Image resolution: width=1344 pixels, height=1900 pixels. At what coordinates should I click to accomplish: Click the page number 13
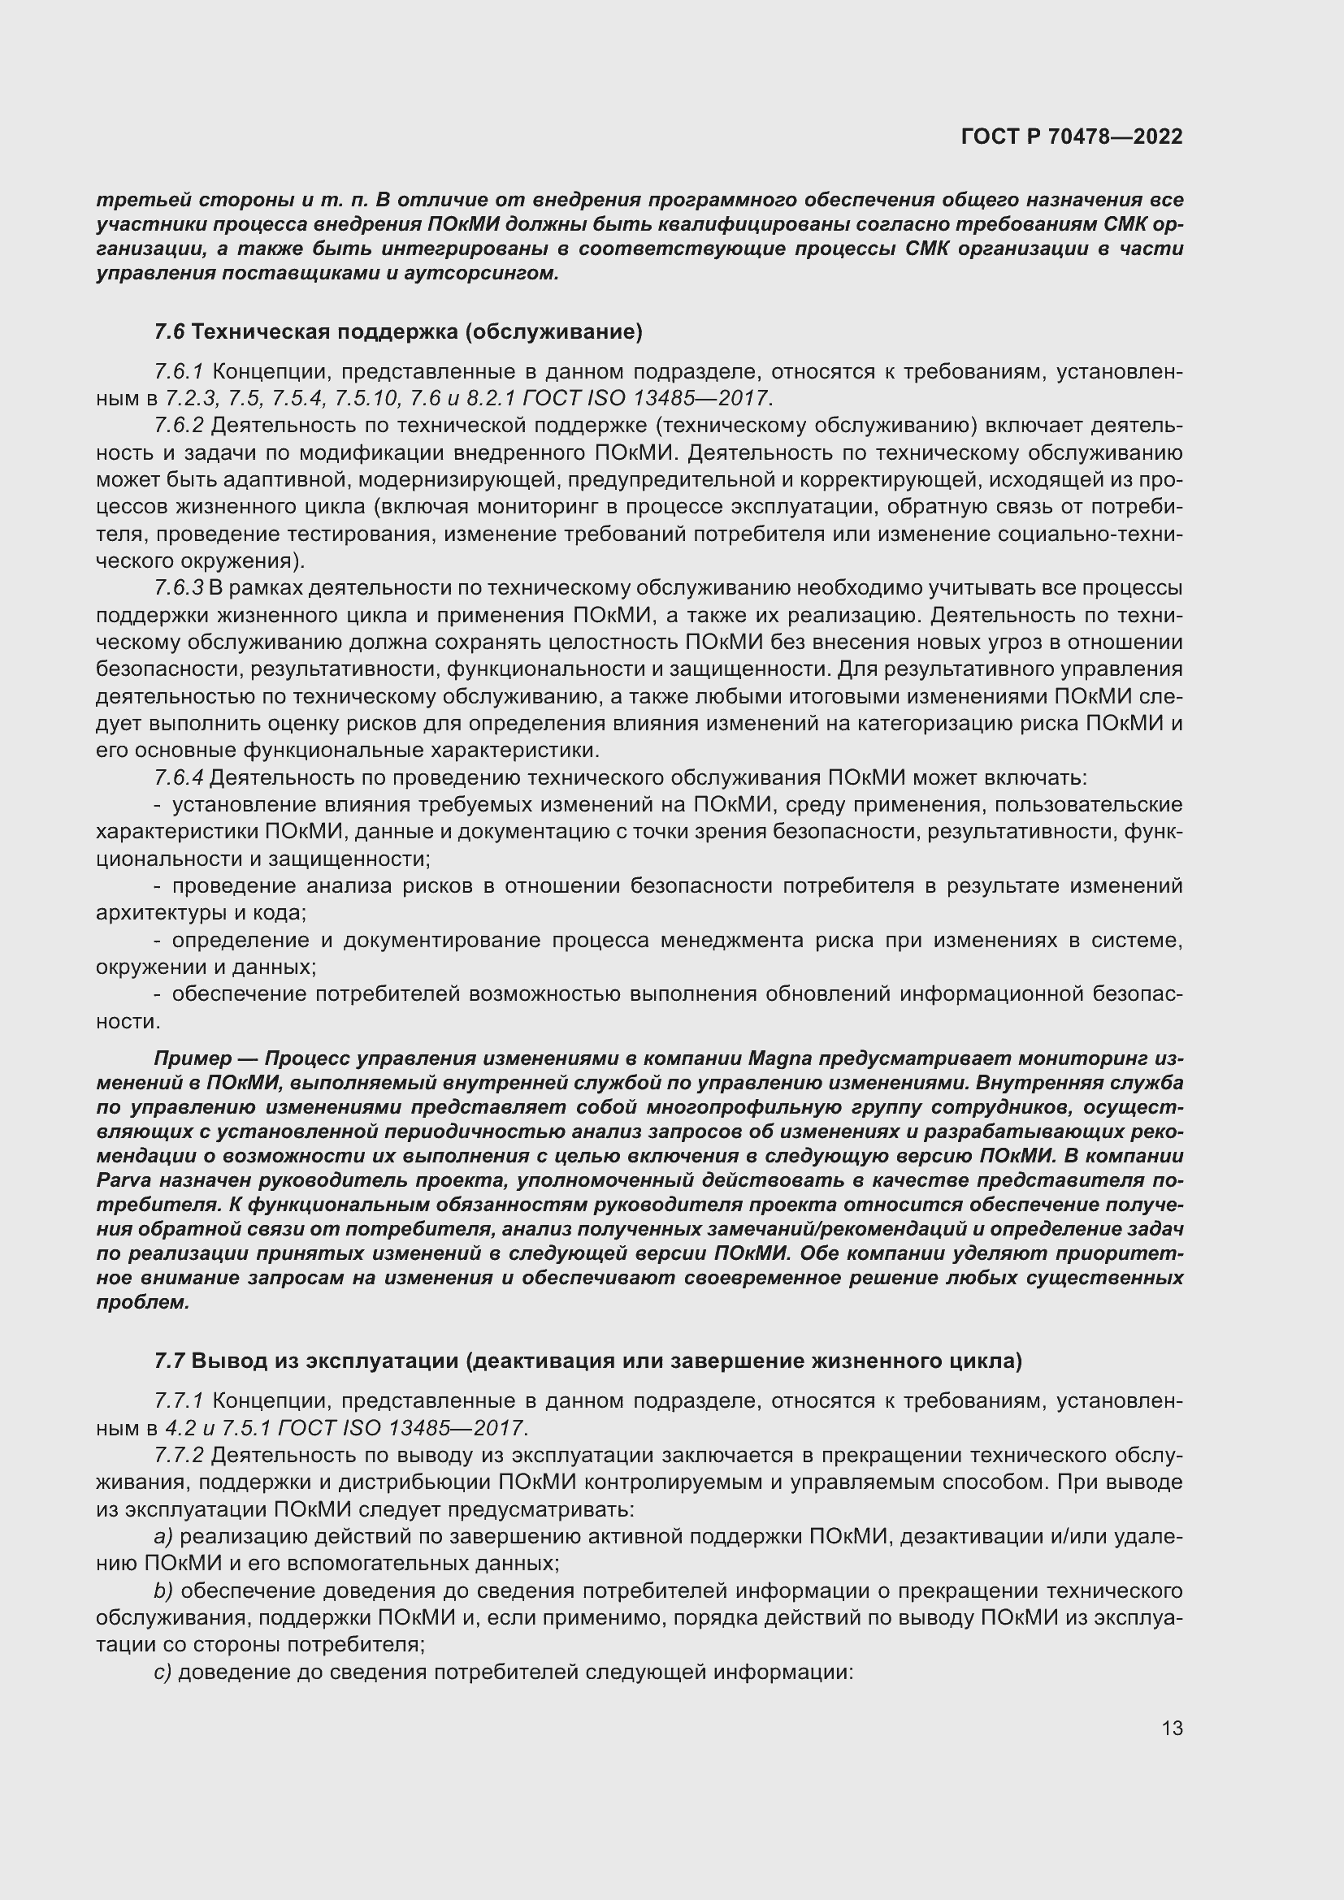coord(1172,1727)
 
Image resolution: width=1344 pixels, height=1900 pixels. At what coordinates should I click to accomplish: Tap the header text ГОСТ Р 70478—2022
coord(1072,136)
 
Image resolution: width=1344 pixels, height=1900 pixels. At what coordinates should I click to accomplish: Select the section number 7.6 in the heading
coord(170,332)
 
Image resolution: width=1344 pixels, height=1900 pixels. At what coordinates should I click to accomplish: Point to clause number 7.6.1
coord(179,372)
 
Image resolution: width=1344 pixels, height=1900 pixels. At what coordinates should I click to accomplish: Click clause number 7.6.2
coord(179,426)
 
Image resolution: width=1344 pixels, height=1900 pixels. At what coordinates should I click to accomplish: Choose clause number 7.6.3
coord(179,588)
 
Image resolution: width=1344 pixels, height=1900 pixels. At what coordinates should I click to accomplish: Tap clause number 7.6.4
coord(179,778)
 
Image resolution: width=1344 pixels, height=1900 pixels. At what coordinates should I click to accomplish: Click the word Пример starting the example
coord(193,1059)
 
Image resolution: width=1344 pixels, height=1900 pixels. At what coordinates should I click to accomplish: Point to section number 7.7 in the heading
coord(170,1361)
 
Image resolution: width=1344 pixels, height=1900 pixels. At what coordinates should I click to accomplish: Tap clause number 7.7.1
coord(179,1401)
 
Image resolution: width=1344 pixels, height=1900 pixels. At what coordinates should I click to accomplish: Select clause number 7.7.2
coord(179,1456)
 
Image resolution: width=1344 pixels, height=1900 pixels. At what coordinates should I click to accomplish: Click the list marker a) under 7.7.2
coord(163,1537)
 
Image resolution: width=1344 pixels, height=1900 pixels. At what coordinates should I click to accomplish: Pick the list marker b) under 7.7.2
coord(163,1591)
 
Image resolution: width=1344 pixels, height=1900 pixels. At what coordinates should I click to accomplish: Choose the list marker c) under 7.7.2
coord(163,1673)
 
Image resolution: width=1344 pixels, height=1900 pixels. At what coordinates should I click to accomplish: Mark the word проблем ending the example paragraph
coord(142,1302)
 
